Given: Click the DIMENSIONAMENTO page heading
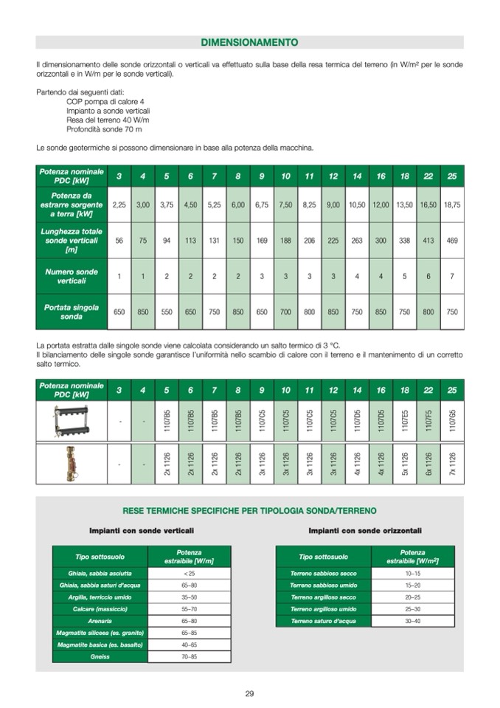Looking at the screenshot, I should [249, 42].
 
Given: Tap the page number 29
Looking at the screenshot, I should [249, 693].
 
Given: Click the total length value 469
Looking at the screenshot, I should [451, 240].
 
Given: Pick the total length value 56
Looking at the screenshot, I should [119, 240].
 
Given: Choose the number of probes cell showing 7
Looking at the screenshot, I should [451, 276].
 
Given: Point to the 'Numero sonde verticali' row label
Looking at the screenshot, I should [72, 276].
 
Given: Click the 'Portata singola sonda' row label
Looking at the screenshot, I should [72, 312].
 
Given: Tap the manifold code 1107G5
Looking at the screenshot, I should [451, 421].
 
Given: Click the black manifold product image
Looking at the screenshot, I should [72, 421].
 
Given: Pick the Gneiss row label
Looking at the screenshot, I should [100, 656].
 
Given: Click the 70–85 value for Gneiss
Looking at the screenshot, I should [190, 656].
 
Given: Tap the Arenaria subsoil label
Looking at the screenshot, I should [100, 621].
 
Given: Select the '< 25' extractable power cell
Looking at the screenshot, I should [190, 574].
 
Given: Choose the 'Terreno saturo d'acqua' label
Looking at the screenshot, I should [323, 621].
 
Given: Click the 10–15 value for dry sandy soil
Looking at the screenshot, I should [412, 574].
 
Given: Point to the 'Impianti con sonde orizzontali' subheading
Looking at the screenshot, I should [365, 530].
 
